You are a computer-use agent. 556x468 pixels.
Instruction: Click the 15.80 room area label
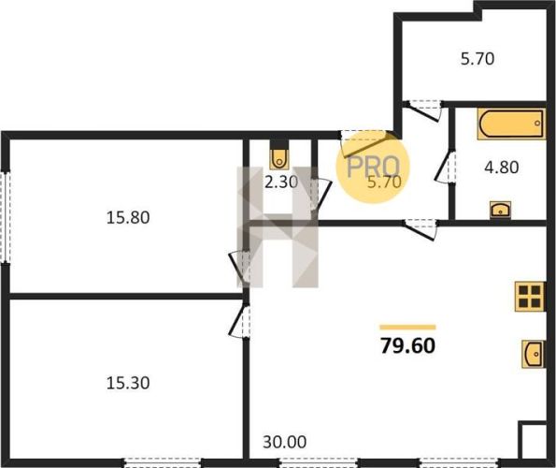[x=128, y=217]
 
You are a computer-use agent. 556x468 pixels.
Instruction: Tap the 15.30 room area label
[x=128, y=383]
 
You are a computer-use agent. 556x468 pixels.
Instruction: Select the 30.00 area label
[x=285, y=442]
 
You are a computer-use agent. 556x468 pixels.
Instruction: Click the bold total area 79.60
[x=407, y=345]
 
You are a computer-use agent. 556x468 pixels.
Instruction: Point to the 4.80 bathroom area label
[x=502, y=167]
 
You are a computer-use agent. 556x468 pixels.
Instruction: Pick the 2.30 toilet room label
[x=281, y=183]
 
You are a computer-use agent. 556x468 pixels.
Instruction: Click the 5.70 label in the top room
[x=478, y=59]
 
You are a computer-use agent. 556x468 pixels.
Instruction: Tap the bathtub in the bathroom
[x=511, y=124]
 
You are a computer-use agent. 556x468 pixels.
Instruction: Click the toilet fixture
[x=279, y=159]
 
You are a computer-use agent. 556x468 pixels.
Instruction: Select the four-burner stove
[x=530, y=297]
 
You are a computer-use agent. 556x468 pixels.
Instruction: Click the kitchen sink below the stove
[x=533, y=354]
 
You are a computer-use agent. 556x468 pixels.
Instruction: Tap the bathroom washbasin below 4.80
[x=500, y=209]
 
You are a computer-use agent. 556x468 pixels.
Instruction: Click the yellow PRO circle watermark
[x=373, y=167]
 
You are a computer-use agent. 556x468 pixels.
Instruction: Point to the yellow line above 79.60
[x=407, y=328]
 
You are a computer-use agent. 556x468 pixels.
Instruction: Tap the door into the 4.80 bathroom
[x=445, y=168]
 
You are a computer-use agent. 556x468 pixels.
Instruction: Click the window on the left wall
[x=6, y=217]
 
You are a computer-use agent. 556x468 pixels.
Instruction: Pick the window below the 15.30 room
[x=163, y=462]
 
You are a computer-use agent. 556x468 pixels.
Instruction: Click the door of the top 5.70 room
[x=425, y=110]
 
